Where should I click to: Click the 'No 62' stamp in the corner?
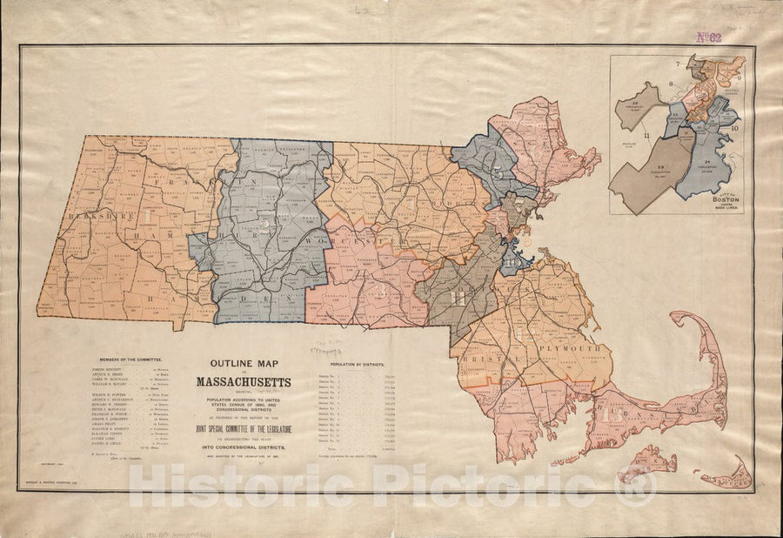710,37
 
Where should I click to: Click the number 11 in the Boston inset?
646,136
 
